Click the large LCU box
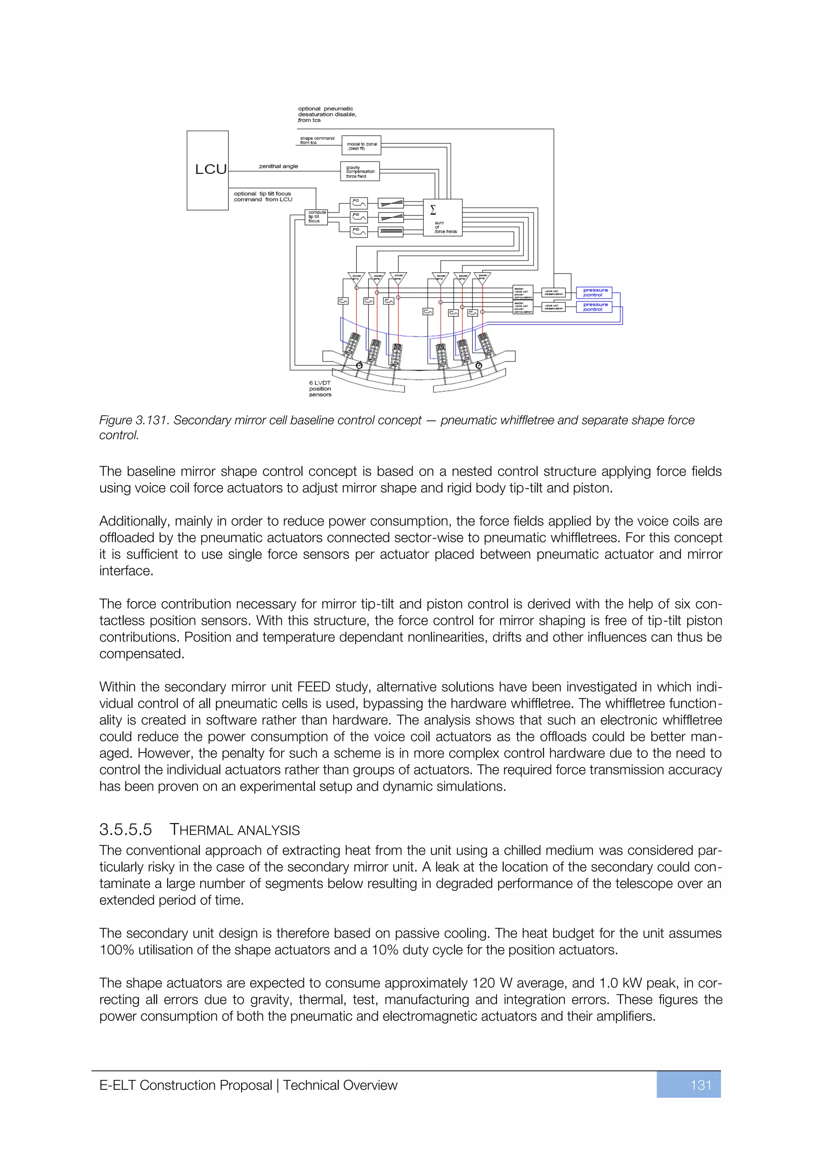click(x=208, y=170)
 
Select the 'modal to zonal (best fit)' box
click(x=361, y=145)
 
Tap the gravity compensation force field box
click(x=360, y=171)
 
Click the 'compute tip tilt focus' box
click(x=316, y=217)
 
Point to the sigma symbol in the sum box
click(x=433, y=210)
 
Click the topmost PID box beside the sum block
click(x=359, y=203)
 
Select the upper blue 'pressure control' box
click(x=594, y=292)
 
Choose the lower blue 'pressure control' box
click(x=594, y=307)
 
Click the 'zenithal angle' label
click(x=279, y=166)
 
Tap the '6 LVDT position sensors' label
click(x=320, y=388)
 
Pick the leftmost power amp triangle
click(x=356, y=277)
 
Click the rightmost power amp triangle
click(x=482, y=277)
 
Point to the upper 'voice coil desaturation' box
click(x=553, y=292)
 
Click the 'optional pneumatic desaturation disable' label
click(x=326, y=114)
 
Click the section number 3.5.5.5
click(x=126, y=830)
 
